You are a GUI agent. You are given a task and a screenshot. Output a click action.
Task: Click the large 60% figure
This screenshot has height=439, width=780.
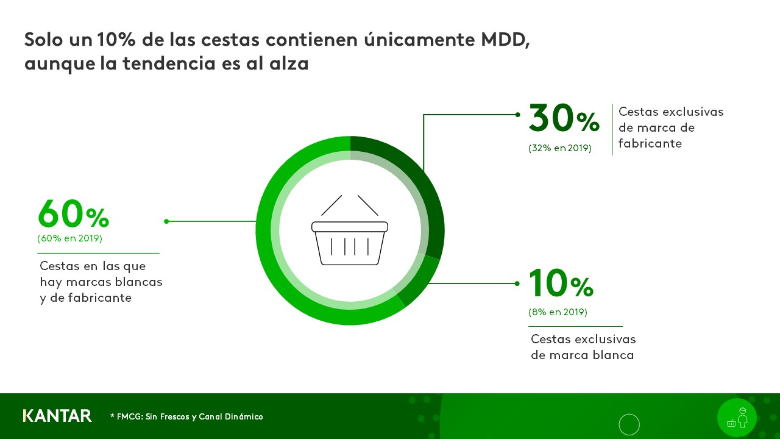point(73,215)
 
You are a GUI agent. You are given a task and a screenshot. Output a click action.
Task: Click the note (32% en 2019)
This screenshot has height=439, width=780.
point(559,148)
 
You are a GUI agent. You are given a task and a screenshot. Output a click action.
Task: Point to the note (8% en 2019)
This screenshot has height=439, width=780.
point(558,312)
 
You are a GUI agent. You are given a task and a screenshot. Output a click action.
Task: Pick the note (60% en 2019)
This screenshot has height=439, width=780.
point(69,238)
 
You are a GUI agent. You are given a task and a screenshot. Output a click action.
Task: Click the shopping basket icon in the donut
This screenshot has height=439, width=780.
point(350,230)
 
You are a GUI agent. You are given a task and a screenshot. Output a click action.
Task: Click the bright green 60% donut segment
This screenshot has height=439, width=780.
point(274,256)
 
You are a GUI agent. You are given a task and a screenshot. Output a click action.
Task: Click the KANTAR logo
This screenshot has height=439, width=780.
point(57,416)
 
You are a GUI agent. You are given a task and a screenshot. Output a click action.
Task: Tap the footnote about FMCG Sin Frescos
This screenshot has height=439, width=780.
point(186,416)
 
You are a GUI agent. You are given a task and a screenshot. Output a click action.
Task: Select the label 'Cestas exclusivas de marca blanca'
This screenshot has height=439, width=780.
point(583,347)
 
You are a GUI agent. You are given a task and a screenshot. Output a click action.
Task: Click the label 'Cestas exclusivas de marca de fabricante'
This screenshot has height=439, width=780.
point(670,127)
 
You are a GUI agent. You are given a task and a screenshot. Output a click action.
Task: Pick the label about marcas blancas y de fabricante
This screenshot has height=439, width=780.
point(101,282)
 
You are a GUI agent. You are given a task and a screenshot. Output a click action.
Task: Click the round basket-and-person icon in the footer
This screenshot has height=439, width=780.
point(737,418)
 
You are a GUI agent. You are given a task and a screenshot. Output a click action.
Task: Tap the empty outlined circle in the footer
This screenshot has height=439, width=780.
point(629,424)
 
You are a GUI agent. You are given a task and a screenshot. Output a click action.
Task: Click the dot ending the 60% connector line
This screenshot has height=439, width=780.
point(166,221)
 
